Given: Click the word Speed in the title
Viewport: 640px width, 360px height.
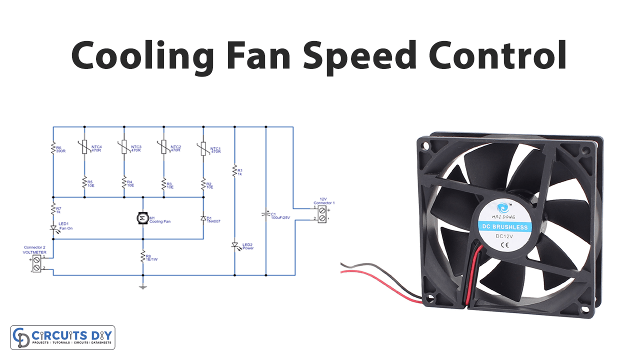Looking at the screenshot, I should (x=359, y=55).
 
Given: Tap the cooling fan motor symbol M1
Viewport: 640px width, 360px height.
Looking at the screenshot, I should (x=142, y=218).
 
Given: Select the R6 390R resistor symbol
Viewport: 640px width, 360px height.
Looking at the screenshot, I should (x=52, y=148).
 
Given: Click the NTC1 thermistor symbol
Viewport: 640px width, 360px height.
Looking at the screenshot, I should (x=203, y=147).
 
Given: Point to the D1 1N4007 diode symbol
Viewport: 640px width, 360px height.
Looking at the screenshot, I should (x=203, y=218).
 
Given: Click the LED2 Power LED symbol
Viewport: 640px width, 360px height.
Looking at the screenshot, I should (x=234, y=245).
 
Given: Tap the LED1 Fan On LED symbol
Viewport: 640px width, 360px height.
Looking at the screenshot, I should (x=52, y=228).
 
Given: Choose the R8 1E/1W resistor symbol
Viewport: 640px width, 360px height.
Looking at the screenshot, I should (x=142, y=256).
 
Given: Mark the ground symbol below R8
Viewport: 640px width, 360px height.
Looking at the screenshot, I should (x=142, y=286).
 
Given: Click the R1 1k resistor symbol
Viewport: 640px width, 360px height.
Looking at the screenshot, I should (x=234, y=171).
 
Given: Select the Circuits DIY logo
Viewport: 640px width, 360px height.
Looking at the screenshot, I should (x=62, y=337).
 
